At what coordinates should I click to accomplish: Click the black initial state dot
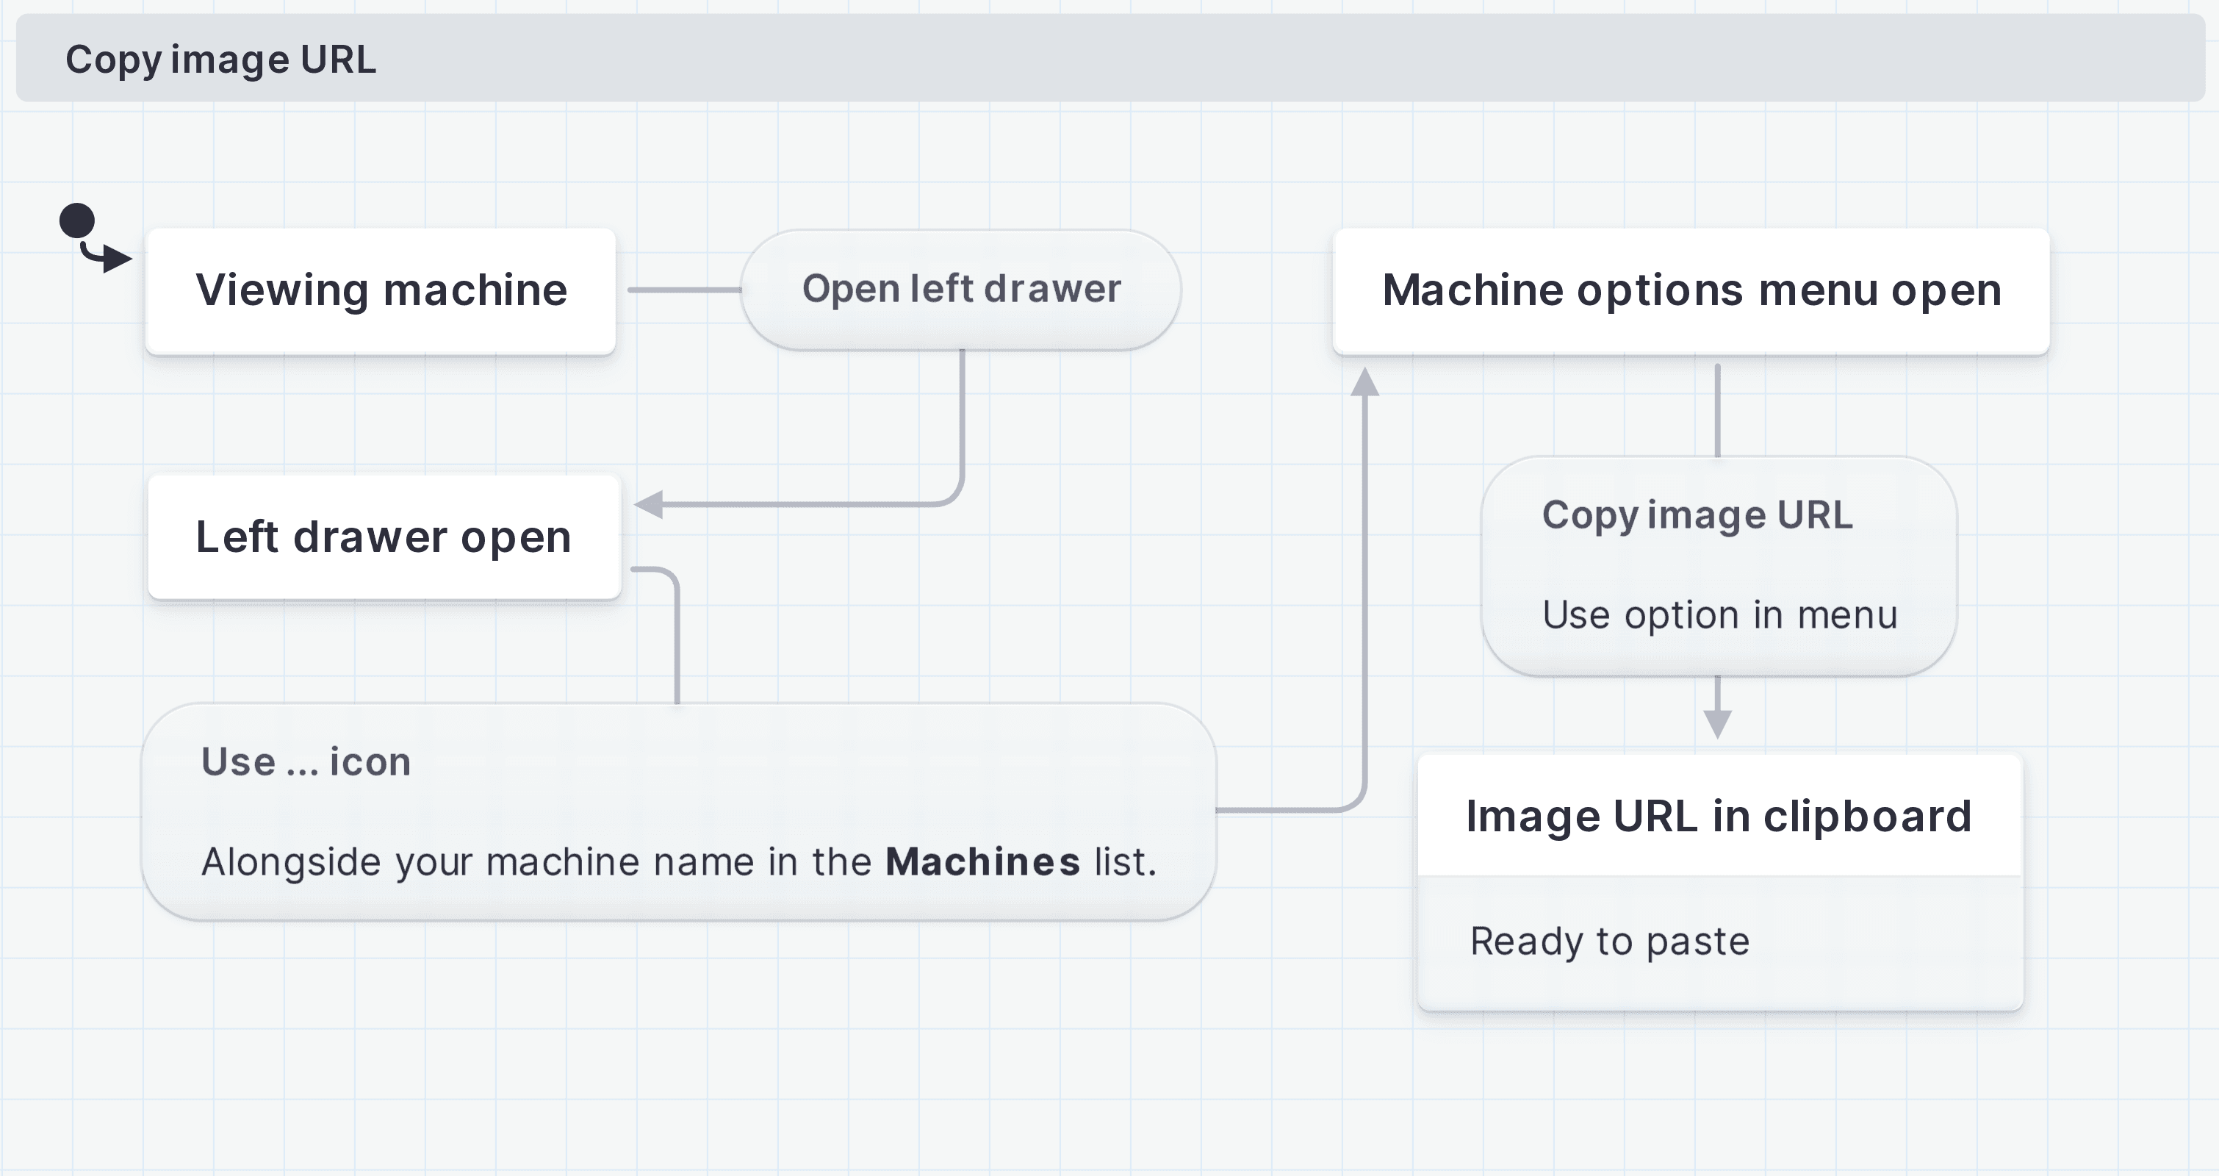click(76, 220)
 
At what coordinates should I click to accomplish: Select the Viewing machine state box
click(381, 290)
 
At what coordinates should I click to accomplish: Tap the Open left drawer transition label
click(960, 290)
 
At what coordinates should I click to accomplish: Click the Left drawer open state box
click(384, 537)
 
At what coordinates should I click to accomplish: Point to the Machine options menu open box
click(1691, 290)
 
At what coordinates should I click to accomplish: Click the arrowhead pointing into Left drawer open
click(650, 504)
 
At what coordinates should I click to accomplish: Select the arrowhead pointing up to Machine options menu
click(1364, 381)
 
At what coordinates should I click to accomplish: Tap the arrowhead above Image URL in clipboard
click(1717, 724)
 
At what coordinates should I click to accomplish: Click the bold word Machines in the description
click(982, 861)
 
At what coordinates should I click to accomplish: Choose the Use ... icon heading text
click(306, 761)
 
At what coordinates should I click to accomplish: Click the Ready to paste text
click(1609, 941)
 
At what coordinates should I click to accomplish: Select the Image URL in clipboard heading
click(1719, 816)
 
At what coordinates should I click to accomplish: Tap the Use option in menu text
click(1719, 615)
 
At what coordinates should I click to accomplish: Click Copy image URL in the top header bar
click(220, 60)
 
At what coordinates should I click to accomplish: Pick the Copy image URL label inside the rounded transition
click(1697, 515)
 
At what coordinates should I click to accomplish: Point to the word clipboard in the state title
click(1868, 816)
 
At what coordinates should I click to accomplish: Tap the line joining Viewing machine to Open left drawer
click(684, 290)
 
